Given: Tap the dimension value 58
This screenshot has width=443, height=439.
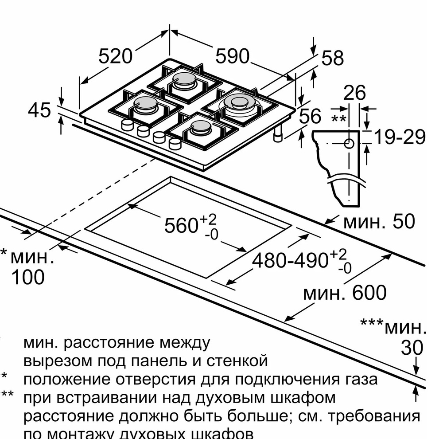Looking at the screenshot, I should [x=332, y=58].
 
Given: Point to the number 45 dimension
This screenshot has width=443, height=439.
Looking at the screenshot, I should [x=39, y=110].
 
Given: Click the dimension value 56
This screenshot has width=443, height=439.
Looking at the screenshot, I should [x=310, y=116].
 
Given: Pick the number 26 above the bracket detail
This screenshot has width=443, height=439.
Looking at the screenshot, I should [x=355, y=93].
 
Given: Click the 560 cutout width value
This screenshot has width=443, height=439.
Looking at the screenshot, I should [x=181, y=226].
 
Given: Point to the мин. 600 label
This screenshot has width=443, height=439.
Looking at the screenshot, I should [x=345, y=293].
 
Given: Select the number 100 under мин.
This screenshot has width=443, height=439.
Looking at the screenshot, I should [x=27, y=277].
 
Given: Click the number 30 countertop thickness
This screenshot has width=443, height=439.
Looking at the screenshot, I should [x=412, y=348].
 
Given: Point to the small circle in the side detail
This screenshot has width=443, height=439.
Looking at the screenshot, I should [x=349, y=144].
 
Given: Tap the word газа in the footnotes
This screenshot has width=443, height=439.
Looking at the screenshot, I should [x=360, y=380].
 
